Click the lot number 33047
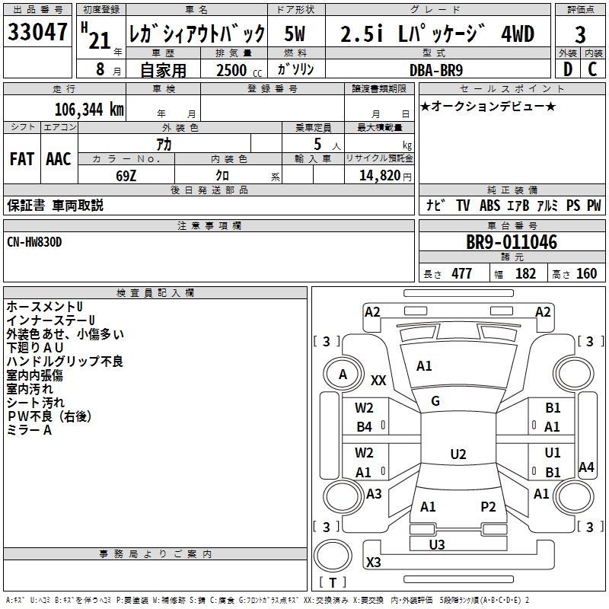point(39,34)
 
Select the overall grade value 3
point(580,35)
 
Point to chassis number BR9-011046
point(512,243)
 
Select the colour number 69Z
point(126,174)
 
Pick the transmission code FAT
point(22,159)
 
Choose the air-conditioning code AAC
point(59,159)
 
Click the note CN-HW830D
point(35,241)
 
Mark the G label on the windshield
point(435,401)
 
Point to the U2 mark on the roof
point(458,454)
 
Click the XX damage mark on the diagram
point(378,380)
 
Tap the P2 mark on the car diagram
point(488,506)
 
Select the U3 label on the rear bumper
point(437,544)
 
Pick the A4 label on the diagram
point(586,467)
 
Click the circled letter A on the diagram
point(343,374)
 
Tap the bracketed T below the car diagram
point(333,582)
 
